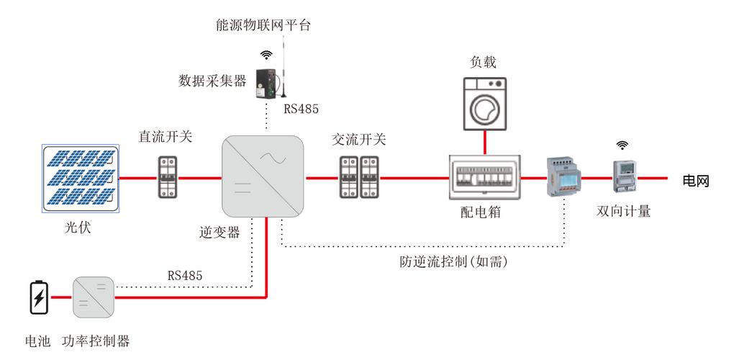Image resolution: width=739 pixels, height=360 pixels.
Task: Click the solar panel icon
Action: click(79, 178)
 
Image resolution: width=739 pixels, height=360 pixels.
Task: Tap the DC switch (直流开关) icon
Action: click(168, 177)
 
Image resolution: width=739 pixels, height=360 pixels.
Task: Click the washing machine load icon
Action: click(484, 104)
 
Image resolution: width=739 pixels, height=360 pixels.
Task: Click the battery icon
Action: click(38, 298)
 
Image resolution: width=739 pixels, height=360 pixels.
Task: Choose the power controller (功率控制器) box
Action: click(94, 297)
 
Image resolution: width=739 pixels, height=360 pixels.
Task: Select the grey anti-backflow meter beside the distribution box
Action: click(561, 177)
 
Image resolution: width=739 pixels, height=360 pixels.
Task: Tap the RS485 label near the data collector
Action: click(301, 109)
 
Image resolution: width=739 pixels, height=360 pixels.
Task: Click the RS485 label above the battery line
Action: click(185, 275)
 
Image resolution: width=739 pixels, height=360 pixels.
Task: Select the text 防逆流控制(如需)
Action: click(454, 262)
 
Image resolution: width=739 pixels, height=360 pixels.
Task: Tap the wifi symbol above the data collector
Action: click(267, 55)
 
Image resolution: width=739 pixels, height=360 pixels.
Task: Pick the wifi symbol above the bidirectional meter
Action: click(622, 145)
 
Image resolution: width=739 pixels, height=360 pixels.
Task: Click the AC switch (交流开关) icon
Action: click(359, 177)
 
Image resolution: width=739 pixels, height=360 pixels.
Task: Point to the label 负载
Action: click(484, 63)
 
